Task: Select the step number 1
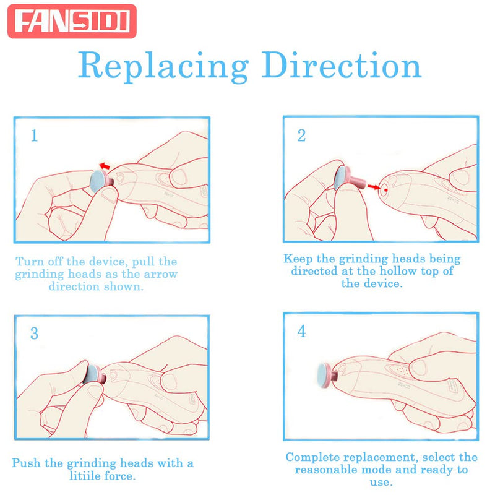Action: click(x=35, y=136)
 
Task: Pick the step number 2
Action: click(x=301, y=136)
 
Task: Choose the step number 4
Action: click(x=301, y=332)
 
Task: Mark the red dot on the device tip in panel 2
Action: click(x=384, y=189)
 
